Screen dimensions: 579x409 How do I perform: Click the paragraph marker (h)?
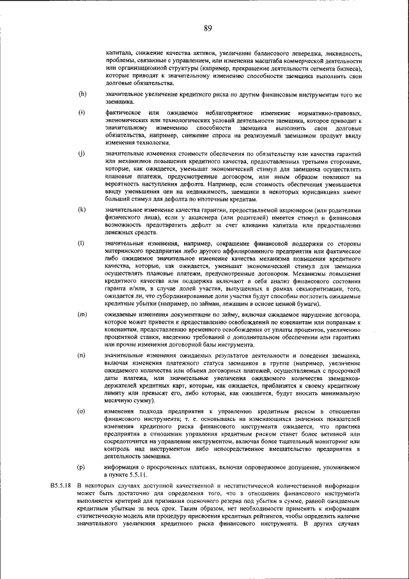coord(82,94)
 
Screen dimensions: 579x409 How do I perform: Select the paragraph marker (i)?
coord(82,113)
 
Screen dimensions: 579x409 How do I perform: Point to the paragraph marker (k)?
coord(82,210)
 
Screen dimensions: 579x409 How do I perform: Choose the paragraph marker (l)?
coord(82,244)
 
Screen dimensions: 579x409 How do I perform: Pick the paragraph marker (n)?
coord(82,354)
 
